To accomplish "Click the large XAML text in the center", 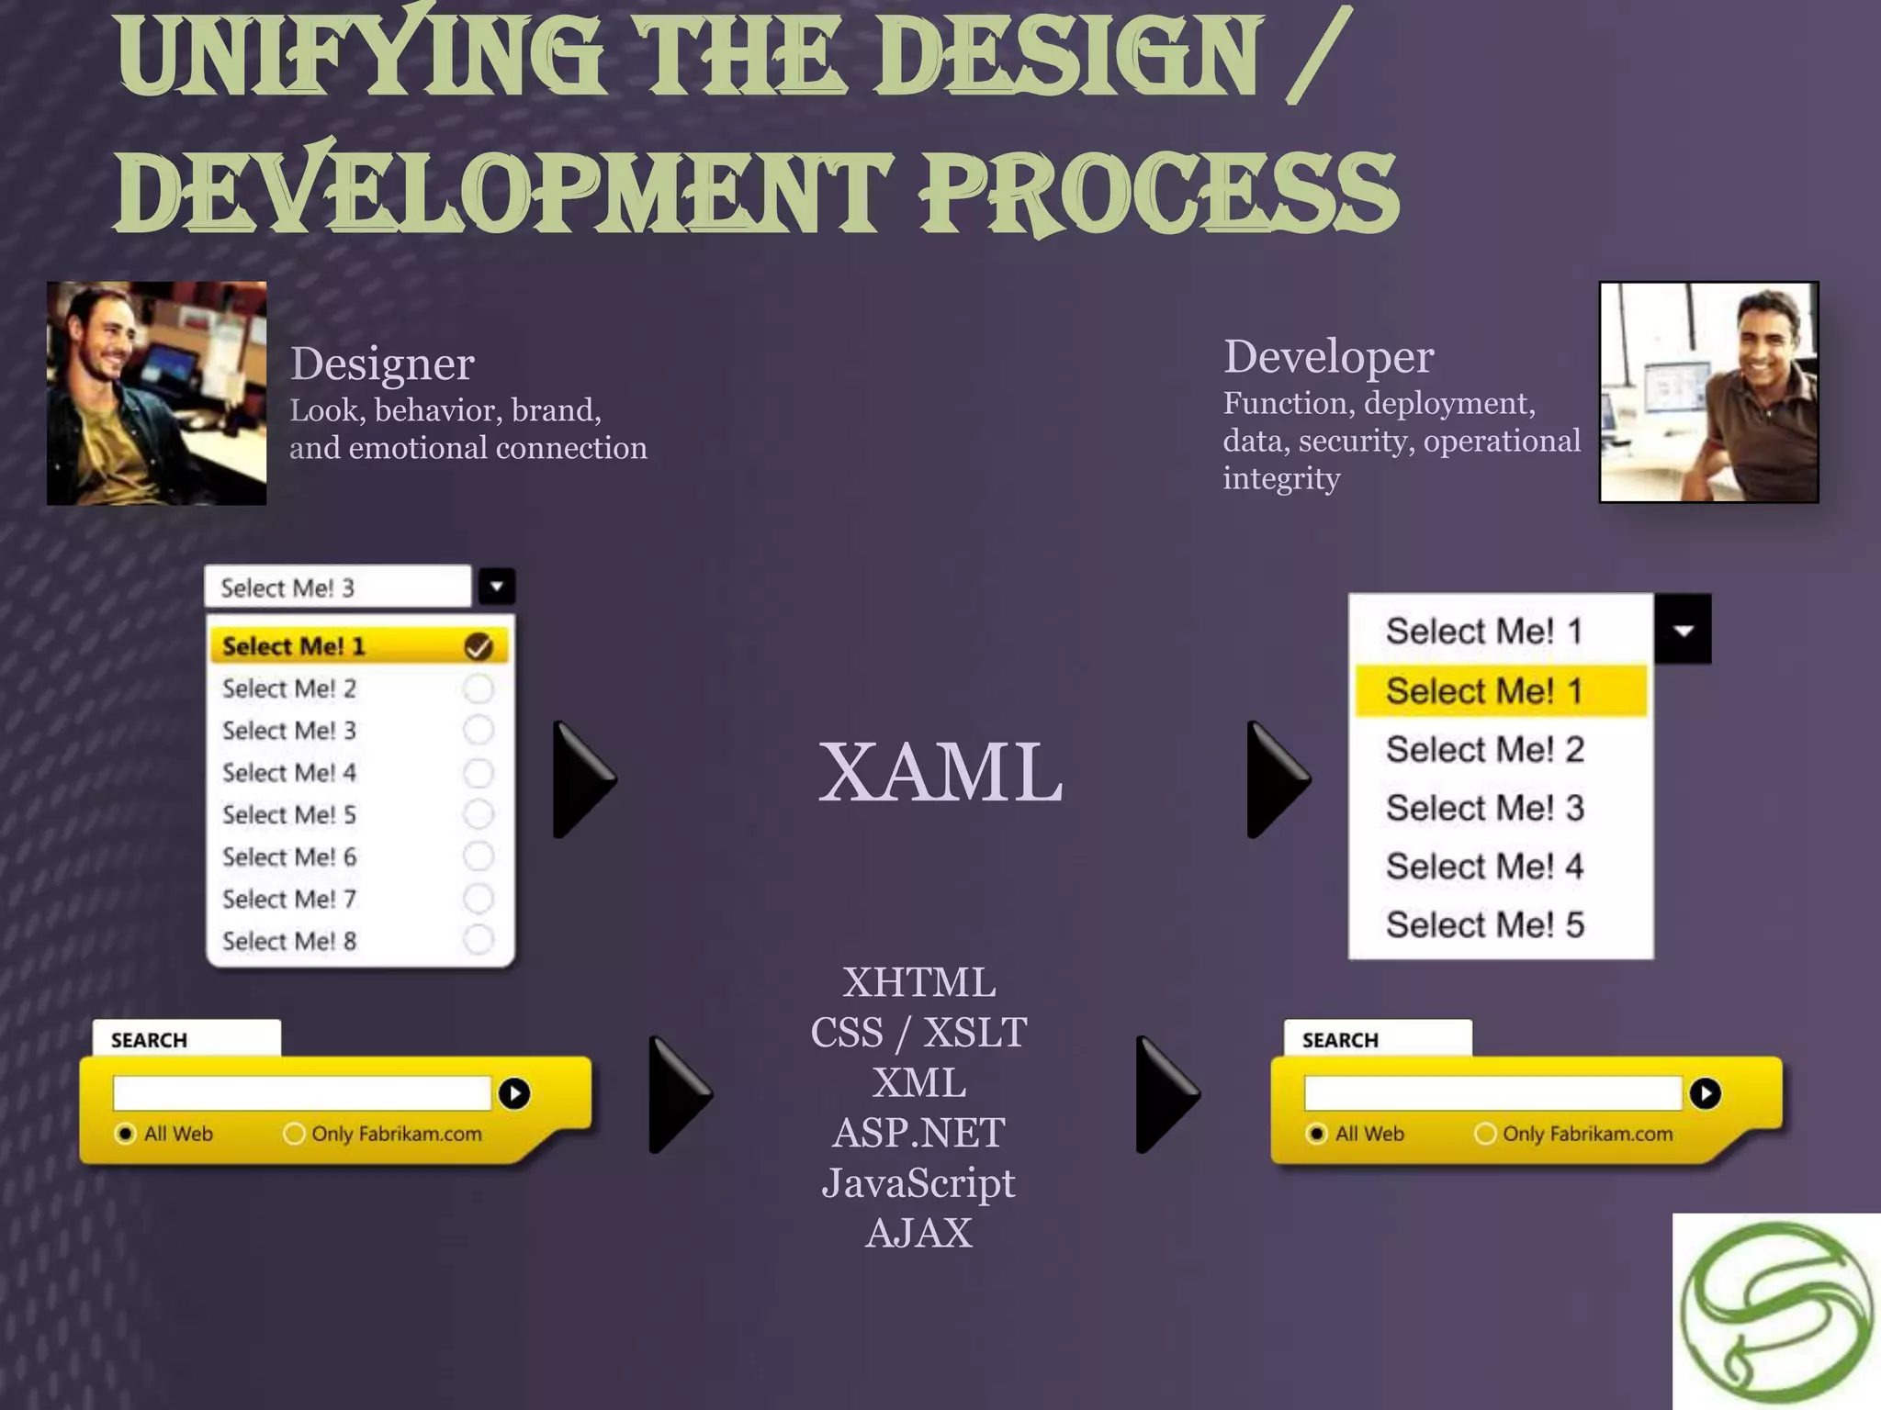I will (x=940, y=772).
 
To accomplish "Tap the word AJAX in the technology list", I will (x=918, y=1233).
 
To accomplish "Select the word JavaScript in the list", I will (x=918, y=1183).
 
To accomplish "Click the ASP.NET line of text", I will (x=918, y=1133).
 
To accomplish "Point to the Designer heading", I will (x=382, y=364).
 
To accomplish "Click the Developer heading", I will (x=1328, y=357).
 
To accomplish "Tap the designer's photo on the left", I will (x=157, y=393).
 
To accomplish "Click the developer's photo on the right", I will (x=1708, y=392).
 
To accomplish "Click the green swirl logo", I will (x=1776, y=1312).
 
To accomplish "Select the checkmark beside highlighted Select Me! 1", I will (x=478, y=646).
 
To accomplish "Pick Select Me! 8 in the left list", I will (x=289, y=941).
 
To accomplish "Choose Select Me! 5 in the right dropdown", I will (x=1484, y=924).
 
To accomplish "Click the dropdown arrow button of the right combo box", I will (x=1683, y=630).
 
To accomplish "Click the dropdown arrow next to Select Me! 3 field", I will (x=496, y=587).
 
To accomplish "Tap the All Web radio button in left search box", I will (x=126, y=1134).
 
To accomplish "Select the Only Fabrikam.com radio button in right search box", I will (x=1485, y=1134).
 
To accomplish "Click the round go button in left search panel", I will (x=514, y=1093).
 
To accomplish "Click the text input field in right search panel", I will (x=1492, y=1093).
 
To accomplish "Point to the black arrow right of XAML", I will (x=1278, y=779).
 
